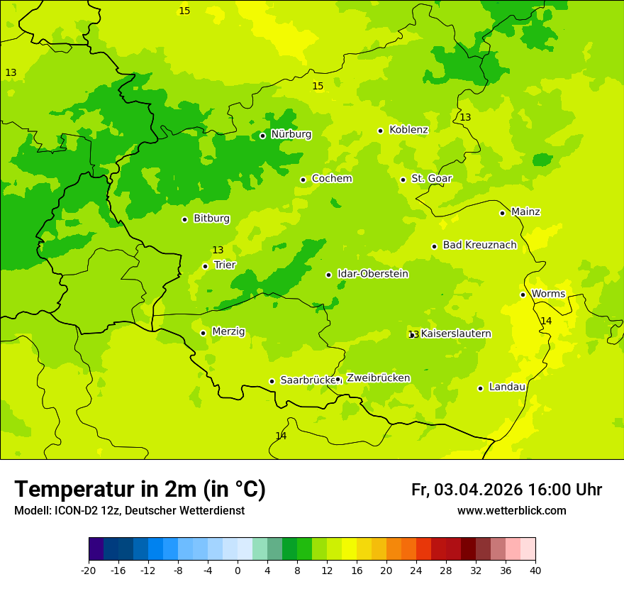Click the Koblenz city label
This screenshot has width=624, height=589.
click(x=408, y=130)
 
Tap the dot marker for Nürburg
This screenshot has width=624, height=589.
click(x=262, y=136)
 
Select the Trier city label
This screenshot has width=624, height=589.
click(x=225, y=265)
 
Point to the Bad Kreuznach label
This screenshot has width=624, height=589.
click(x=479, y=246)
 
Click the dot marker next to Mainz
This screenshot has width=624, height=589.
click(x=502, y=213)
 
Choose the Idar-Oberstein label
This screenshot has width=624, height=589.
click(x=373, y=274)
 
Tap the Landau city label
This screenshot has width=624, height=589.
click(x=507, y=387)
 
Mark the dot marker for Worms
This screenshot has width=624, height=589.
click(x=523, y=294)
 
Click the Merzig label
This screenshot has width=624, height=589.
click(x=228, y=331)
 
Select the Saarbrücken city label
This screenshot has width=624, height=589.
click(x=308, y=380)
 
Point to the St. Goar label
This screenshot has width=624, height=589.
click(x=431, y=179)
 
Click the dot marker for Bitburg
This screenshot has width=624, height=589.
click(x=184, y=219)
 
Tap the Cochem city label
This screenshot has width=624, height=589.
click(x=332, y=179)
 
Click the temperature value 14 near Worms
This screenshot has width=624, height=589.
click(x=546, y=321)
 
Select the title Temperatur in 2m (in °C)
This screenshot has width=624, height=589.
click(x=140, y=489)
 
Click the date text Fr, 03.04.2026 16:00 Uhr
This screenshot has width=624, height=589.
click(x=506, y=490)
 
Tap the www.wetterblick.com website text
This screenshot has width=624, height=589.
click(x=511, y=511)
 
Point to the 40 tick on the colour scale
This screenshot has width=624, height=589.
click(x=535, y=570)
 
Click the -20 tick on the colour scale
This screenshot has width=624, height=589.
click(x=89, y=570)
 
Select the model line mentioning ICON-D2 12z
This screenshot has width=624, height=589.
click(x=129, y=511)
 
